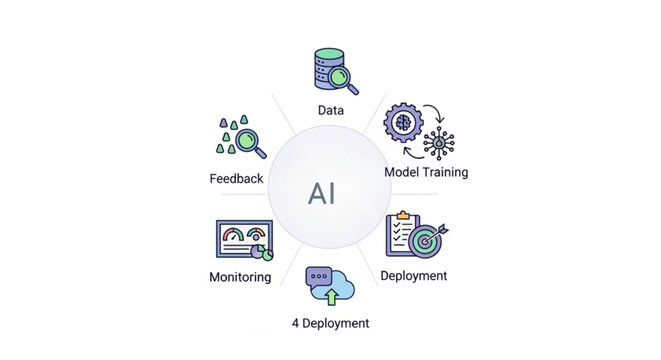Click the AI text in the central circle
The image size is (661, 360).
[322, 192]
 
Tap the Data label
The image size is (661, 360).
[330, 110]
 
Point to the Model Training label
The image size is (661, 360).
[426, 172]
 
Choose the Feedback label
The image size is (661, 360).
[237, 179]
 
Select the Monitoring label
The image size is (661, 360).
[240, 276]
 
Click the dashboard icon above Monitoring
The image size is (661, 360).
[244, 240]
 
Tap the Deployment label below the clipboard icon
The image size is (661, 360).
[414, 275]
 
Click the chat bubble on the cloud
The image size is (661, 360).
[319, 274]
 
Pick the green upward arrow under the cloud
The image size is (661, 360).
[331, 296]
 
